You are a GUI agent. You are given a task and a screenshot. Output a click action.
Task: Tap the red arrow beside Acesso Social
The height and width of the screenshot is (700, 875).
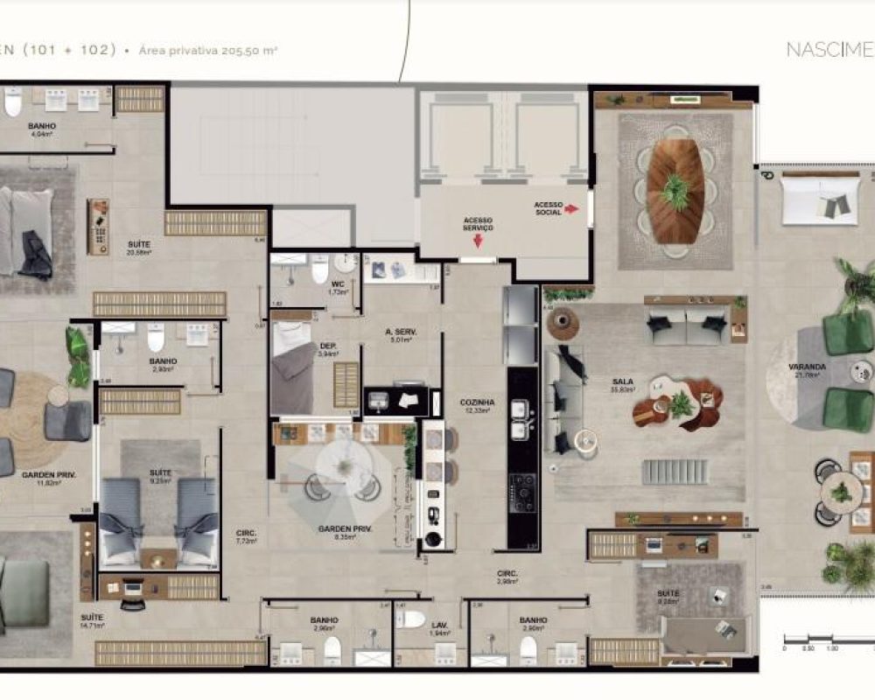pyautogui.click(x=572, y=209)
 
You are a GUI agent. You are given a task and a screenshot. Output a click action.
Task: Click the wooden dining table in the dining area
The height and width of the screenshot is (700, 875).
pyautogui.click(x=675, y=191)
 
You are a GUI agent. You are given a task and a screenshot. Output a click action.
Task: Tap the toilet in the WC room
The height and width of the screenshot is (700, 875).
pyautogui.click(x=320, y=270)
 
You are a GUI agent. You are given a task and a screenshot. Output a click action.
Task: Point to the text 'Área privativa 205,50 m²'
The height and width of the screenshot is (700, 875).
pyautogui.click(x=208, y=51)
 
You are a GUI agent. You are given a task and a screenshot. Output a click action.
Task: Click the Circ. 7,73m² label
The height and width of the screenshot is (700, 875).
pyautogui.click(x=245, y=536)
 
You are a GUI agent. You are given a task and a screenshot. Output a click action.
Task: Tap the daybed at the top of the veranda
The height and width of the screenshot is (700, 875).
pyautogui.click(x=820, y=198)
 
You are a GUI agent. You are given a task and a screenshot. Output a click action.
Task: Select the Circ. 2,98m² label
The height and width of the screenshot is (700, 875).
pyautogui.click(x=507, y=577)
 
